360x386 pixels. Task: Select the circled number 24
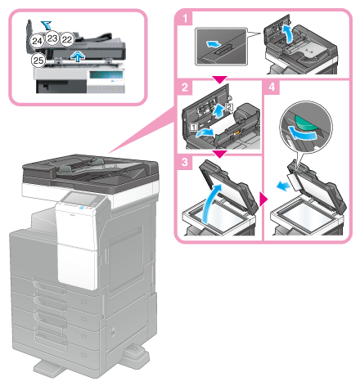click(37, 39)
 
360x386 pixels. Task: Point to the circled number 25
click(37, 60)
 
